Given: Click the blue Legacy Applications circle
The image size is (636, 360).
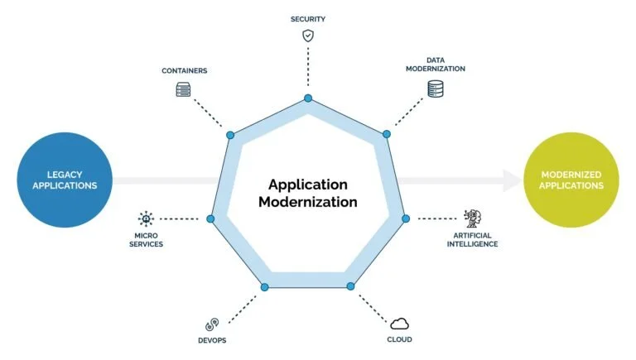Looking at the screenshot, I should click(65, 180).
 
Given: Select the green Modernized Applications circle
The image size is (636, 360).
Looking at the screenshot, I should click(572, 180).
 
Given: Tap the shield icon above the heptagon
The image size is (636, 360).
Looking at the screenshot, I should click(308, 36).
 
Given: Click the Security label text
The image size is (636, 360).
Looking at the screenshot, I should click(308, 18).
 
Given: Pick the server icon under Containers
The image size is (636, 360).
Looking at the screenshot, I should click(184, 89).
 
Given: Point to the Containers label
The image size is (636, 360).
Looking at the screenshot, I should click(184, 71).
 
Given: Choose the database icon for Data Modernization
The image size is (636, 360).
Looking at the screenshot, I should click(436, 89).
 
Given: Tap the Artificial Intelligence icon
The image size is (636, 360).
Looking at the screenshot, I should click(473, 218).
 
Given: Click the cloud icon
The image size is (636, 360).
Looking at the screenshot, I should click(399, 323).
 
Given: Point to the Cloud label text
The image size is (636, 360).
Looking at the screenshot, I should click(399, 339).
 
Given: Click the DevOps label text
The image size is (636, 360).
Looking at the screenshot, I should click(213, 340).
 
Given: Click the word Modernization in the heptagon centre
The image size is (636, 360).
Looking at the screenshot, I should click(308, 201).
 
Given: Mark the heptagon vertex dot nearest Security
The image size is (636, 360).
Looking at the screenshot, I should click(308, 98).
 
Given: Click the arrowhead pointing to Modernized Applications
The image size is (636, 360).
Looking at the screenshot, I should click(513, 180).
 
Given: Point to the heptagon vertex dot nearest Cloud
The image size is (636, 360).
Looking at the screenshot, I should click(350, 286).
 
